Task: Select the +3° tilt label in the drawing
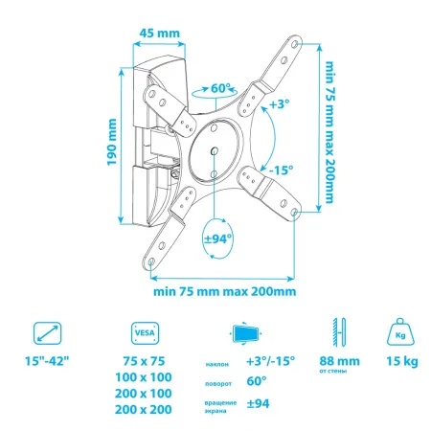point(280,103)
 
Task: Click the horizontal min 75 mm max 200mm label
point(221,291)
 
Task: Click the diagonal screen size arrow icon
point(46,334)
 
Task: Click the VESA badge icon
point(139,334)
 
